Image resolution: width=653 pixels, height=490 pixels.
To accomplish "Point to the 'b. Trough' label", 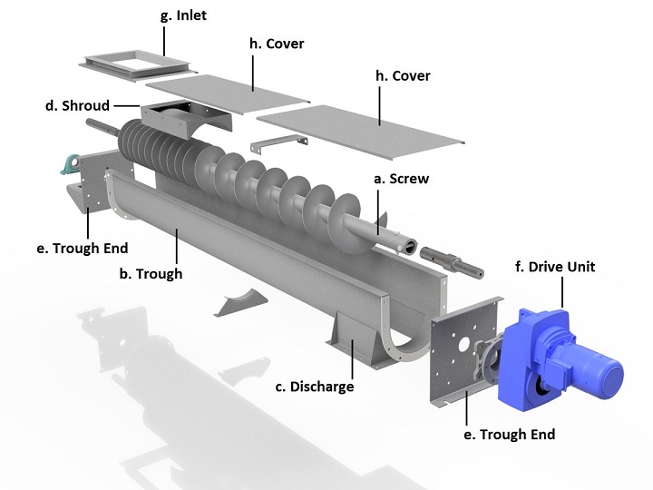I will [x=151, y=273].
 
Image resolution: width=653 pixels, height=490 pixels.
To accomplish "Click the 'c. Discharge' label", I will [x=314, y=387].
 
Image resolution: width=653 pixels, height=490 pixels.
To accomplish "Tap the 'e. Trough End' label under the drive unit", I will [x=509, y=435].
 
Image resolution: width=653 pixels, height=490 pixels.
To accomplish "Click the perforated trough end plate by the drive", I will [x=459, y=348].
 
